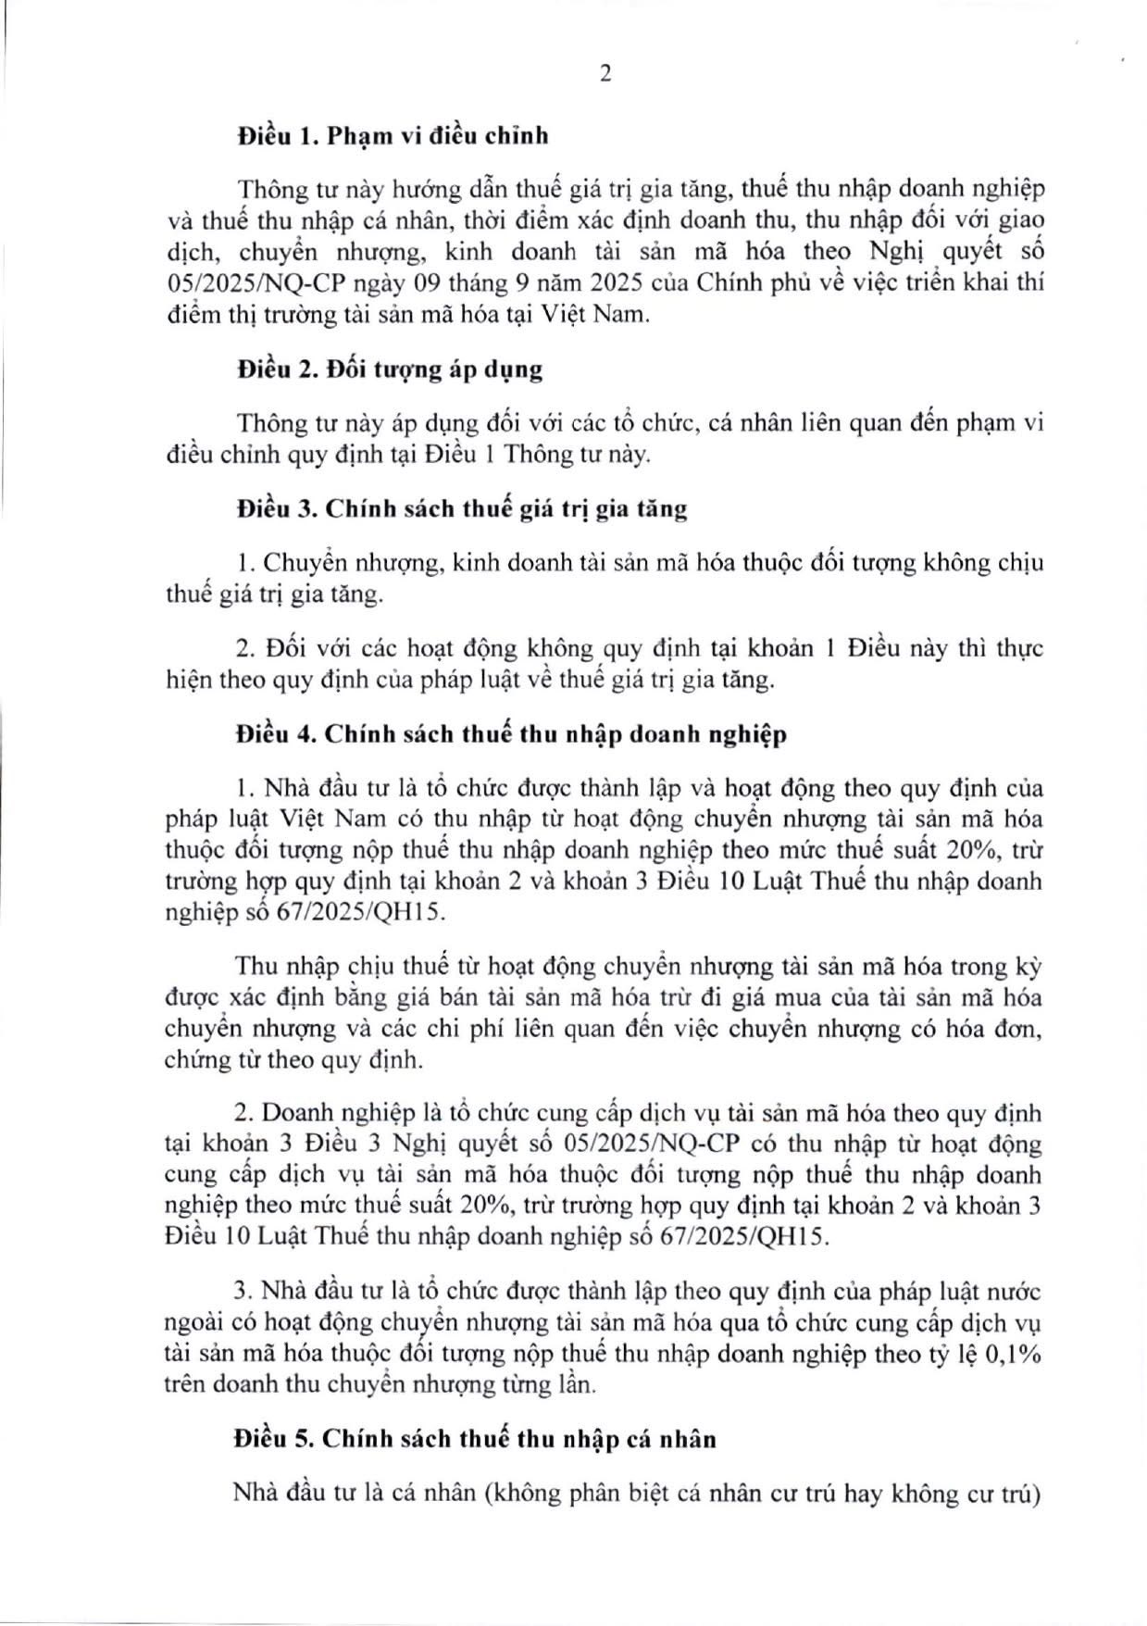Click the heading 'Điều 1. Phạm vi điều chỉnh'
393,135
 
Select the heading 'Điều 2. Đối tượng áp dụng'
389,369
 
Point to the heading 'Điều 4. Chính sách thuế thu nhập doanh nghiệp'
511,734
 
